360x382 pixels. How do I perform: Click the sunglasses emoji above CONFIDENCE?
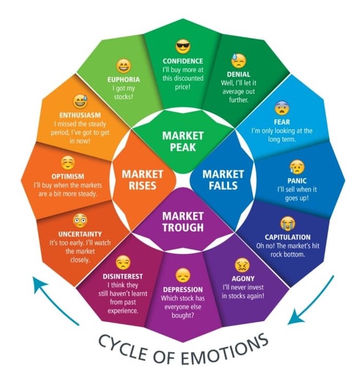tap(183, 47)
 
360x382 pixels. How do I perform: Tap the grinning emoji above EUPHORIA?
tap(123, 67)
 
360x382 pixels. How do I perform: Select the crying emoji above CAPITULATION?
tap(287, 223)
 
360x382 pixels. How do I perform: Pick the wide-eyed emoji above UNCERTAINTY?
tap(80, 220)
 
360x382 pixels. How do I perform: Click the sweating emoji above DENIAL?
tap(238, 60)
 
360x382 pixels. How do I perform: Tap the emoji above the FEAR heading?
tap(280, 104)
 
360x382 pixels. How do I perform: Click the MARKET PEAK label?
tap(183, 142)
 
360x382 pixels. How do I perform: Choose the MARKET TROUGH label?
tap(183, 221)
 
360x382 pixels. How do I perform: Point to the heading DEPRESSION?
tap(182, 289)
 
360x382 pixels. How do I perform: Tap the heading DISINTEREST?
tap(123, 276)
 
